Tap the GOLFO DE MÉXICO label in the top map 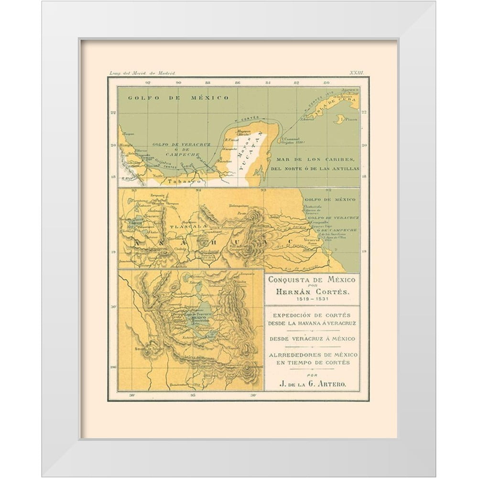[x=178, y=98]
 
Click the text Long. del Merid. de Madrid [x=142, y=73]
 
